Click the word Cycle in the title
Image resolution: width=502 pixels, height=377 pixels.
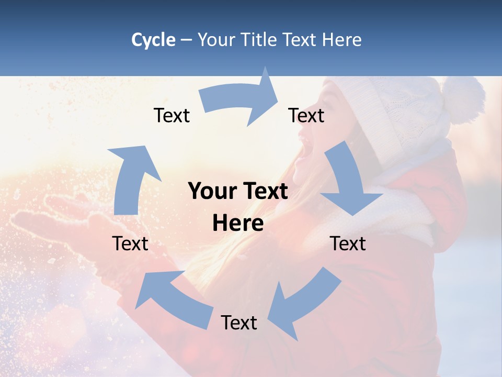point(153,40)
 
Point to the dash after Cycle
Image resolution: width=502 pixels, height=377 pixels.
point(186,40)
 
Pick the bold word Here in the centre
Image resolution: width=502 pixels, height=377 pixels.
point(238,224)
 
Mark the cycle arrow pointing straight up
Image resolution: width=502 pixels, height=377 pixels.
point(131,178)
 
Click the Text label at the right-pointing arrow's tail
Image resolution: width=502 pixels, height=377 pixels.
point(172,115)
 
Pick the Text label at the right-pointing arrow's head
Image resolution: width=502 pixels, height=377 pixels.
point(306,115)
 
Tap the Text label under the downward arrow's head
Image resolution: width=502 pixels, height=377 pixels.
point(348,243)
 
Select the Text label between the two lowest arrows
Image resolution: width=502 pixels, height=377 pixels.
point(239,323)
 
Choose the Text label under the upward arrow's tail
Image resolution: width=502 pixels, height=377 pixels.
point(130,243)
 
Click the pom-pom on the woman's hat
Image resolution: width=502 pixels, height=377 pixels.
point(463,99)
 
